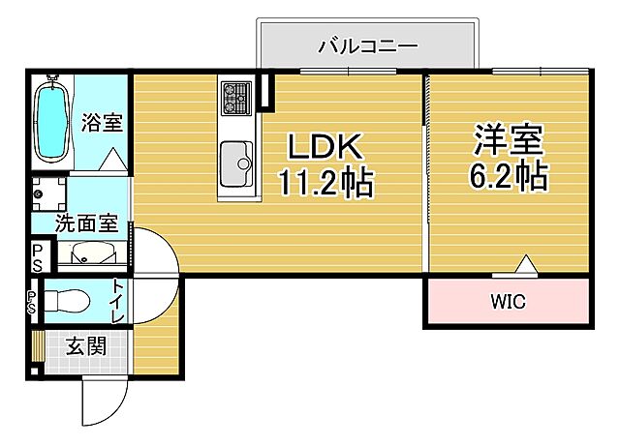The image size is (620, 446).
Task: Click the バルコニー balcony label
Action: tap(367, 45)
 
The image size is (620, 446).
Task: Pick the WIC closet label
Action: tap(506, 303)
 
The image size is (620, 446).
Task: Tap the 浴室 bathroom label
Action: tap(102, 123)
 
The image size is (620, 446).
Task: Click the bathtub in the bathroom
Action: tap(50, 122)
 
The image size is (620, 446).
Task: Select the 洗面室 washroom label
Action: tap(84, 223)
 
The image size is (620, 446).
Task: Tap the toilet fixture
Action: tap(67, 300)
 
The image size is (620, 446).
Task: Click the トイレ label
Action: tap(117, 300)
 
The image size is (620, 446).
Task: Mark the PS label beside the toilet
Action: tap(32, 301)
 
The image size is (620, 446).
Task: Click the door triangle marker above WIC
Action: tap(524, 262)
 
